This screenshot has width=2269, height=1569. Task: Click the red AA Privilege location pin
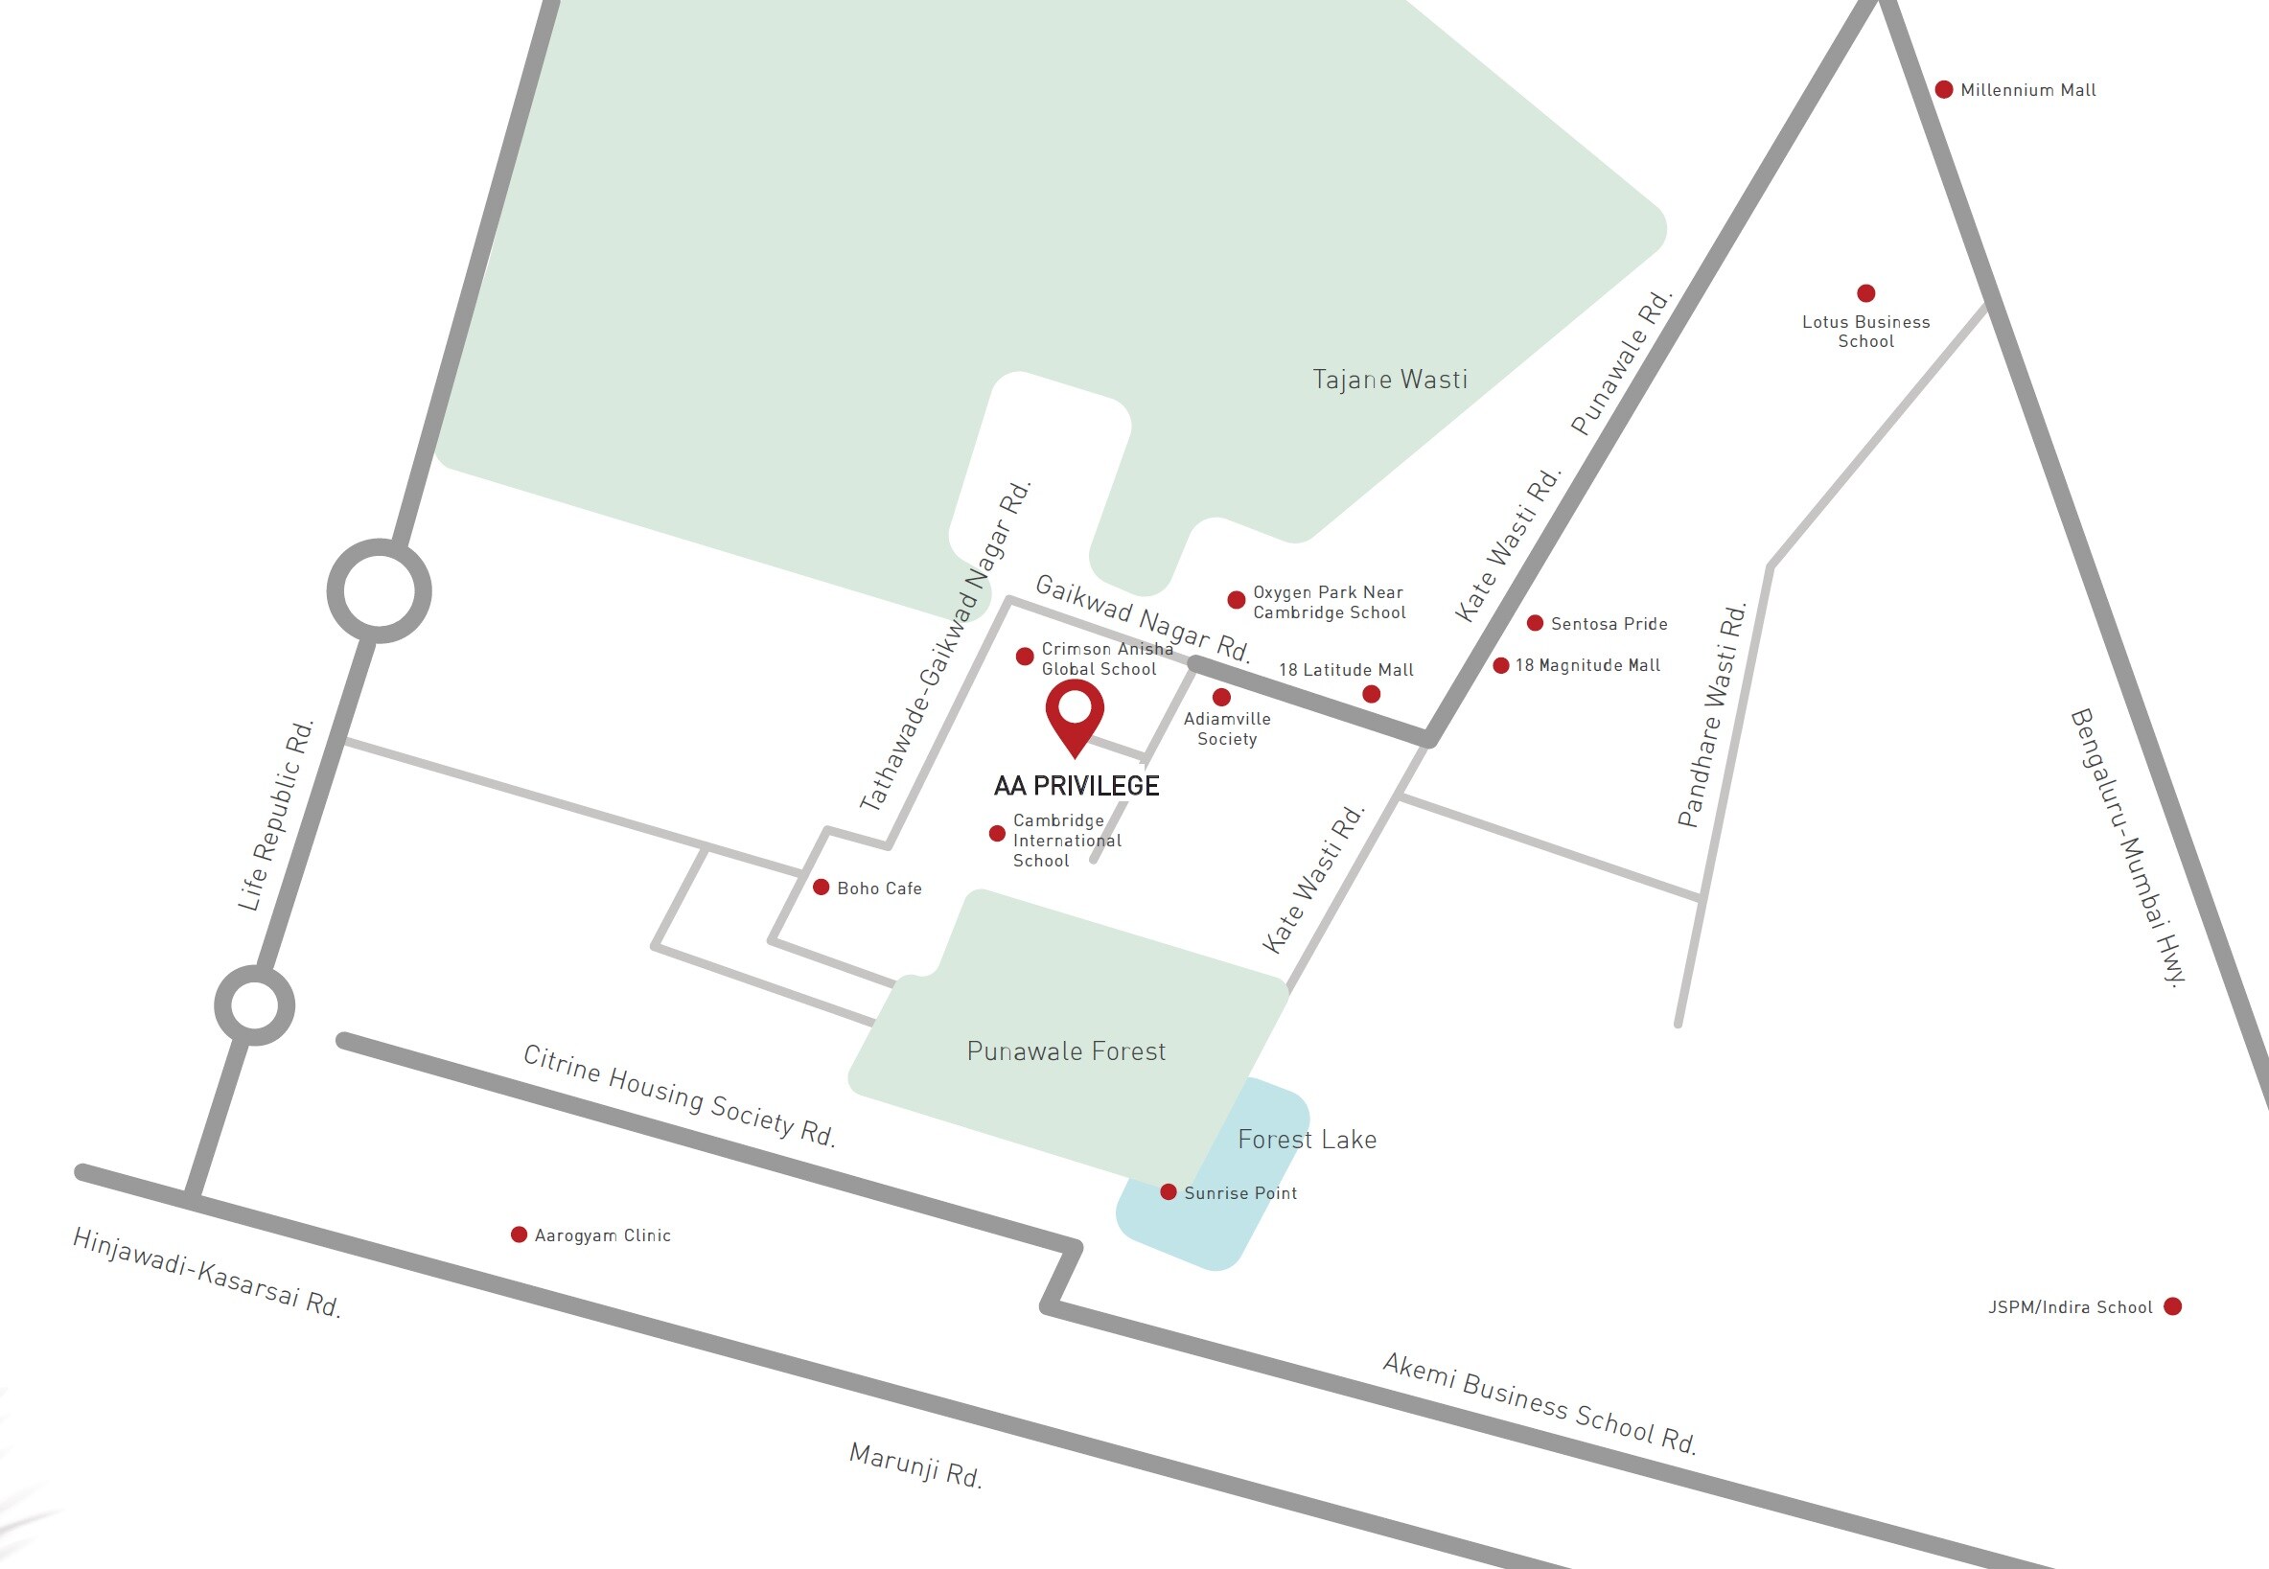[x=1075, y=712]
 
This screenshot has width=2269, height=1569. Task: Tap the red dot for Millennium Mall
[x=1944, y=89]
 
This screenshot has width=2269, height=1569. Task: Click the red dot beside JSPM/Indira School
[x=2172, y=1306]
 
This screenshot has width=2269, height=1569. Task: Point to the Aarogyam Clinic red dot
[x=519, y=1234]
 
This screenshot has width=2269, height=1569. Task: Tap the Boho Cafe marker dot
[x=821, y=888]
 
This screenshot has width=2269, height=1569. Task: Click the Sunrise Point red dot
[x=1168, y=1192]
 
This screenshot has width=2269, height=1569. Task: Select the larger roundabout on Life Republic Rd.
[x=379, y=590]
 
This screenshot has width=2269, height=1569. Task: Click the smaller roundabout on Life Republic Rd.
[x=255, y=1005]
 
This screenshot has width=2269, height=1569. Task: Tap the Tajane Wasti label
[x=1389, y=380]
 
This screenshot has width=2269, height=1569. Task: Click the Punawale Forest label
[x=1066, y=1051]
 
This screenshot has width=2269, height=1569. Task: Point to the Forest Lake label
[x=1307, y=1140]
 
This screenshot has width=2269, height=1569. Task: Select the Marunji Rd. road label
[x=915, y=1465]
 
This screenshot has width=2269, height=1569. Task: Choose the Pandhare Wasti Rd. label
[x=1712, y=715]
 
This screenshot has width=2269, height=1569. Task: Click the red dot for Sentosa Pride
[x=1535, y=623]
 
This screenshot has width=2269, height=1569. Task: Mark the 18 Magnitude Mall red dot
[x=1501, y=665]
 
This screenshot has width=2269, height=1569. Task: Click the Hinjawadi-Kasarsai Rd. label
[x=206, y=1273]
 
